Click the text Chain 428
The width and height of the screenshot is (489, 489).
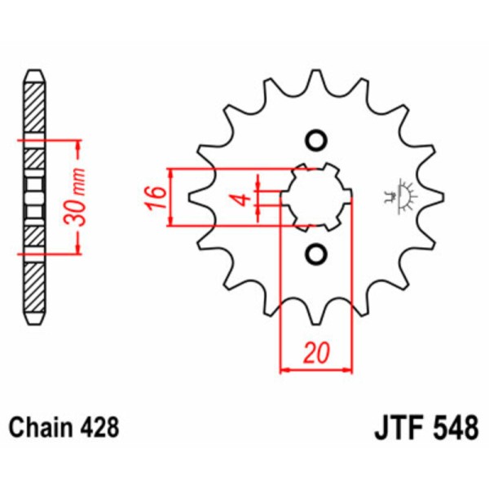pyautogui.click(x=64, y=427)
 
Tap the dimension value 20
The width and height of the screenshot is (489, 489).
pyautogui.click(x=315, y=352)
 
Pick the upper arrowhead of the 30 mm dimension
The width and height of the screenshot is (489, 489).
pyautogui.click(x=78, y=146)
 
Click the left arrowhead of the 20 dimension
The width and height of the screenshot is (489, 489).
pyautogui.click(x=285, y=369)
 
